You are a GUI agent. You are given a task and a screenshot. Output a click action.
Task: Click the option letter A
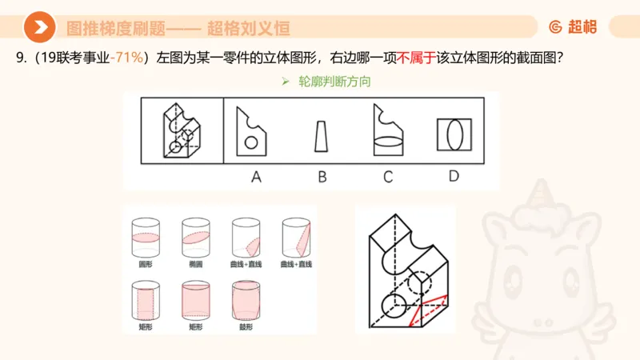[257, 177]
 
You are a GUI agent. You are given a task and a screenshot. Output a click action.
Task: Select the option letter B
[322, 177]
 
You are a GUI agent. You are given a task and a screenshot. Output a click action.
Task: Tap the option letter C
[387, 177]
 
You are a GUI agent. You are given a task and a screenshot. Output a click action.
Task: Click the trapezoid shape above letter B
[322, 137]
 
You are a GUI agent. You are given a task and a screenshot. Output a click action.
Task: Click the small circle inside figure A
[251, 142]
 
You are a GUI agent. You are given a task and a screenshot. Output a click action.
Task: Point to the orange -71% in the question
[128, 57]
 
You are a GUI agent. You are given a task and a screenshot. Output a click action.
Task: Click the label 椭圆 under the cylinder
[193, 263]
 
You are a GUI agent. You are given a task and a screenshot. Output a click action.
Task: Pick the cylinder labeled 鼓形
[246, 300]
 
